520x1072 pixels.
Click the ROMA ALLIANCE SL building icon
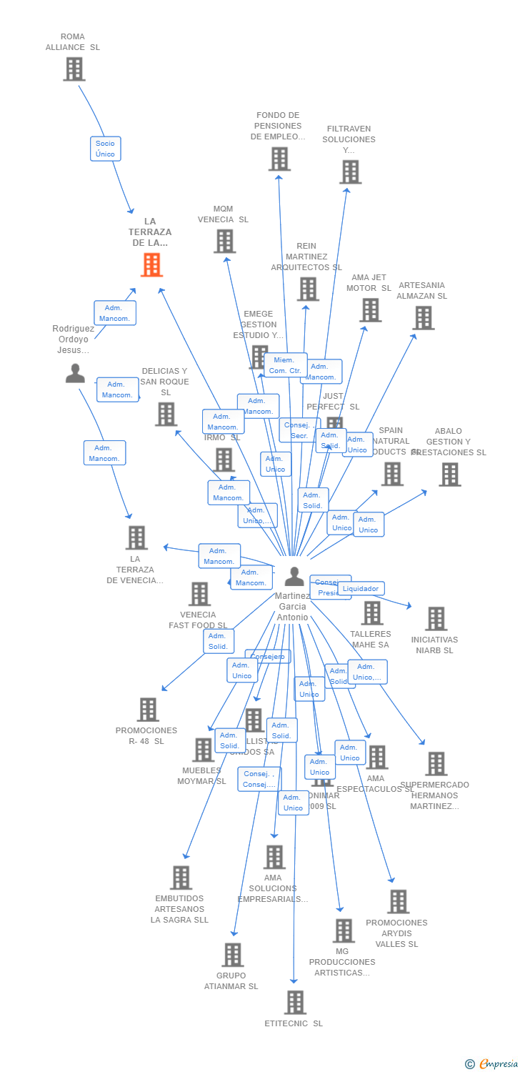tap(74, 69)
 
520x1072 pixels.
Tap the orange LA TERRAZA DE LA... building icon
tap(151, 265)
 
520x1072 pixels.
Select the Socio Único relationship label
tap(105, 149)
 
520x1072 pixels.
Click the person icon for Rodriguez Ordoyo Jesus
tap(75, 373)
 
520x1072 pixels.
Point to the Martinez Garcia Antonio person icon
tap(294, 576)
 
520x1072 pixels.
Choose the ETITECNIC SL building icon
tap(295, 1002)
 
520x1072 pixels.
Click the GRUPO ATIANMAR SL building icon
tap(232, 954)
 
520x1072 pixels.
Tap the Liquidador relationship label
tap(361, 589)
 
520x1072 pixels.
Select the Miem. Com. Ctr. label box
tap(285, 365)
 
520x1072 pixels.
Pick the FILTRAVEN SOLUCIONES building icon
tap(350, 172)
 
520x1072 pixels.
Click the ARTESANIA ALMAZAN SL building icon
tap(423, 317)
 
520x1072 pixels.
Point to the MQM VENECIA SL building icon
tap(224, 241)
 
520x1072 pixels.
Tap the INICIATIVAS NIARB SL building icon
tap(435, 618)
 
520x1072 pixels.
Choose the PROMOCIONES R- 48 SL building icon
tap(148, 710)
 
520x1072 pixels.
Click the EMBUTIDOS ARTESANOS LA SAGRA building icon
tap(181, 878)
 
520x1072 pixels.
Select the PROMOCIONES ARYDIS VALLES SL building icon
tap(398, 901)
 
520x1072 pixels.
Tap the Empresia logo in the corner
tap(492, 1064)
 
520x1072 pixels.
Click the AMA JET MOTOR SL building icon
tap(370, 309)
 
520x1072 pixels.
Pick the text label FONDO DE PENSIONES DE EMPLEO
tap(278, 126)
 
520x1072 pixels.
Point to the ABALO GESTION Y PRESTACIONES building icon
tap(449, 474)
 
